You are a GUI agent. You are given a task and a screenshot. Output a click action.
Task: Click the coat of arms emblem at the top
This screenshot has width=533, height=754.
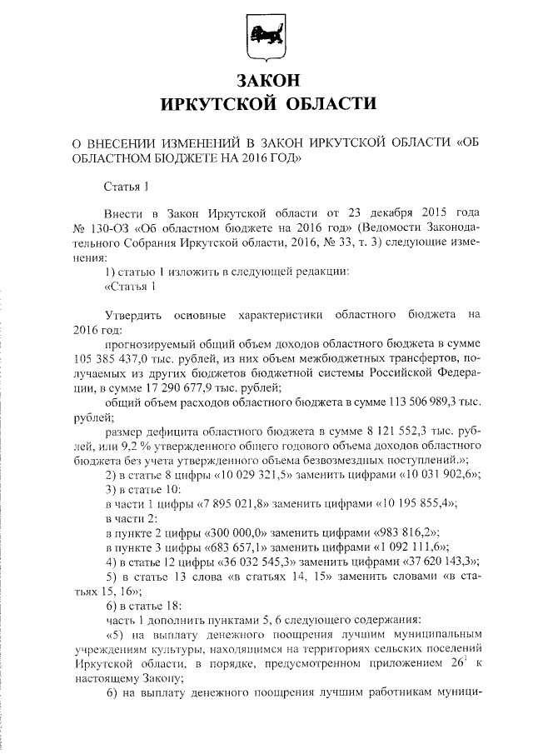pos(266,37)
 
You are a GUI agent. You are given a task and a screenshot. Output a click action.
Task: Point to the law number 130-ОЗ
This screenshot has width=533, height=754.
pos(109,227)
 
